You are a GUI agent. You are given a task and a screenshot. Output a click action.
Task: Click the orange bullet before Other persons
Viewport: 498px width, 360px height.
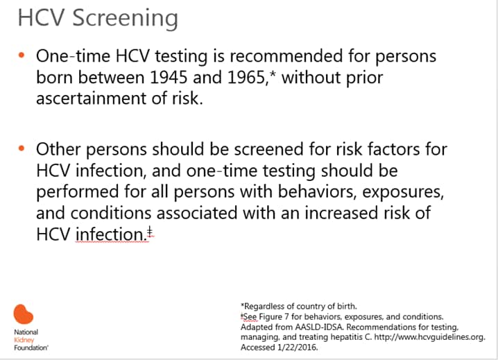[22, 148]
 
